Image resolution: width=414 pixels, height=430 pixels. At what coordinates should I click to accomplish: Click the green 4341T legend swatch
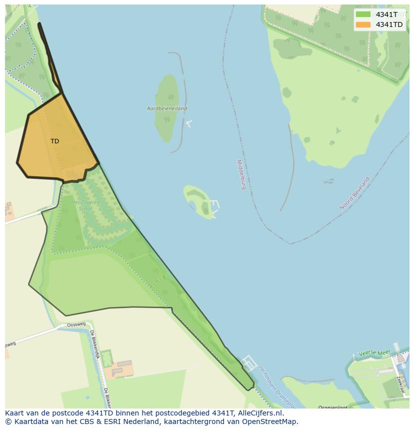click(363, 14)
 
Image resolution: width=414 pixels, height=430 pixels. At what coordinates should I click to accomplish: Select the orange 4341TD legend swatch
click(363, 24)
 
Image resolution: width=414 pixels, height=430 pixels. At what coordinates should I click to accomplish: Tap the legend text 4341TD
click(389, 24)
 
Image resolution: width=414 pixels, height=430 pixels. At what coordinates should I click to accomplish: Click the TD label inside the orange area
click(54, 141)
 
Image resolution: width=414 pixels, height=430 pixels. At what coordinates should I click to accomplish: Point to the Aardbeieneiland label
click(167, 108)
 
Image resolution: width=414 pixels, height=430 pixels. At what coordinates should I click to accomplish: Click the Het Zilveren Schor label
click(85, 205)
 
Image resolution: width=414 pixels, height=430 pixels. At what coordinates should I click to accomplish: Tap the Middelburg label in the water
click(241, 174)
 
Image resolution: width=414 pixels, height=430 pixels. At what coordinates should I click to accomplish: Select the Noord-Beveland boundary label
click(354, 193)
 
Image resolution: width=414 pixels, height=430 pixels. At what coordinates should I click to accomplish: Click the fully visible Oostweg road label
click(76, 325)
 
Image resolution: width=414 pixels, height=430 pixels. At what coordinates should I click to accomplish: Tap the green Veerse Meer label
click(374, 353)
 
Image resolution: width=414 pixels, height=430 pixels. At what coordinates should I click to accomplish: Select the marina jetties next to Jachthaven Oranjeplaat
click(249, 363)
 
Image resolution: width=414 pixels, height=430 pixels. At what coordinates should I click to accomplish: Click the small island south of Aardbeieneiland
click(198, 201)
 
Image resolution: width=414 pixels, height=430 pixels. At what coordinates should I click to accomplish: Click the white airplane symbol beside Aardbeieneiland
click(188, 123)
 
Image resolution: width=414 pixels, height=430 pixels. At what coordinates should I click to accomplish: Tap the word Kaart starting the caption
click(15, 413)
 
